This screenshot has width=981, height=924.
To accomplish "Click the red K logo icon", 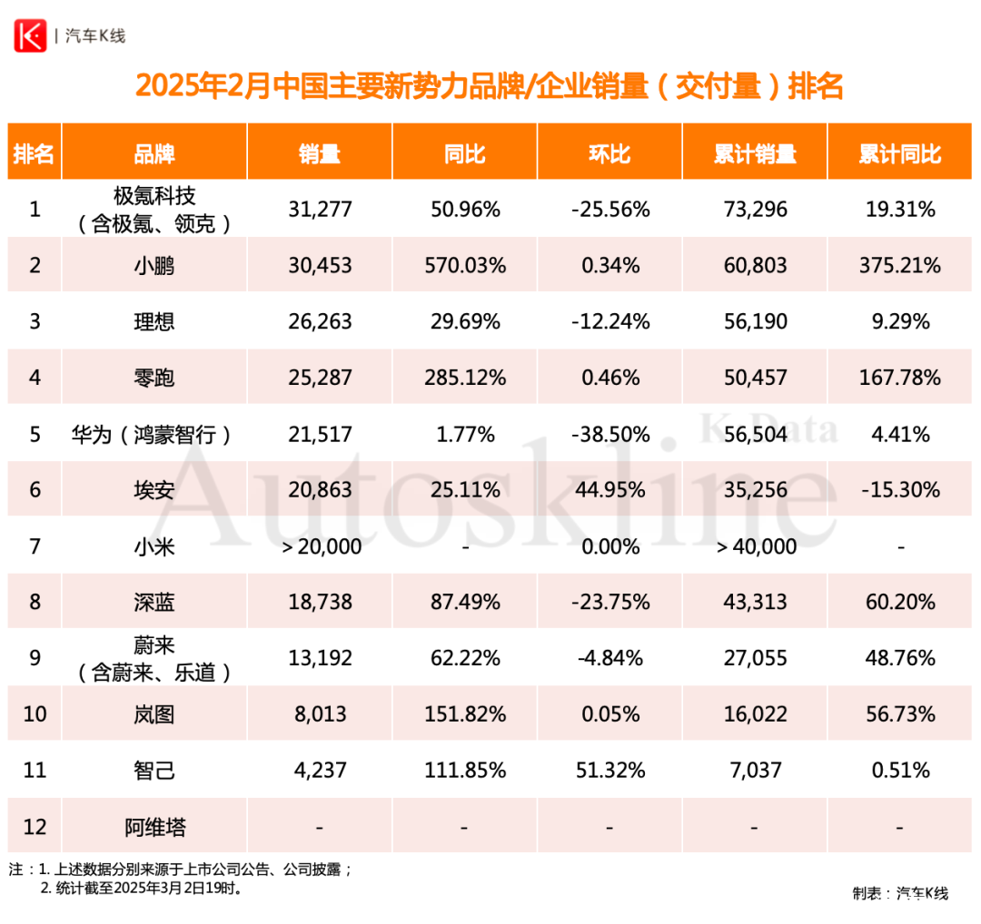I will [29, 35].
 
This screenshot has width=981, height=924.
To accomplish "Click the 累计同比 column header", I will [899, 153].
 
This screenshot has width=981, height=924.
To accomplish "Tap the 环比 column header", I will [609, 153].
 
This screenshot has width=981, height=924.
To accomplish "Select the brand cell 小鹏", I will [154, 265].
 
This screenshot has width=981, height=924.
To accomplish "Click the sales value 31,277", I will [319, 210].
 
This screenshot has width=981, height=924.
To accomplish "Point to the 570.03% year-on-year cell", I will [464, 265].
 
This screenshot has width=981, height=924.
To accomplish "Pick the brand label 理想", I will [154, 321].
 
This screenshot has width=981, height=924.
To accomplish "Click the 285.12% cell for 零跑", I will [464, 377].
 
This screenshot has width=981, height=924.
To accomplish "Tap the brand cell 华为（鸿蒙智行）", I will [153, 434].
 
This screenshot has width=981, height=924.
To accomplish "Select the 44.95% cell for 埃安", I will [609, 489].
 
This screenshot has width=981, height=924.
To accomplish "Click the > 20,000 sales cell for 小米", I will [319, 546].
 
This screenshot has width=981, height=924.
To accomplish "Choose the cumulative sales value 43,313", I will [755, 602].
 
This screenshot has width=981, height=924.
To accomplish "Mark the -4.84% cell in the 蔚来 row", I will [609, 658].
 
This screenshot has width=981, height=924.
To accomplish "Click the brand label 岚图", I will [154, 714].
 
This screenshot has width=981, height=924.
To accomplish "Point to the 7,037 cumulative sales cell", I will [755, 771].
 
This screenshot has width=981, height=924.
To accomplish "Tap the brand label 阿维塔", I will [154, 827].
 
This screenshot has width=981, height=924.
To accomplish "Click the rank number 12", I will [35, 827].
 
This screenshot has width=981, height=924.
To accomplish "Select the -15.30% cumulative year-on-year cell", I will [899, 489].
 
